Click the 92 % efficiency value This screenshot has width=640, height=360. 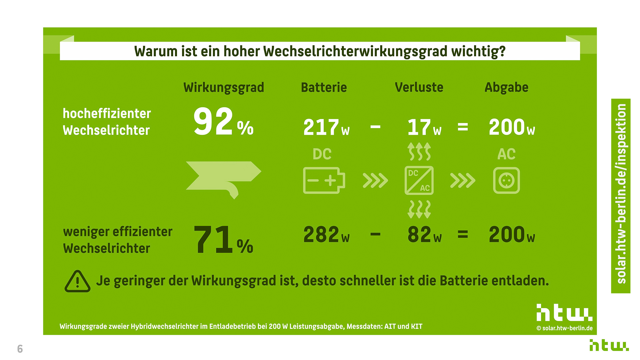coord(223,122)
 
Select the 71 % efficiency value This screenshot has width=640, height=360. coord(223,240)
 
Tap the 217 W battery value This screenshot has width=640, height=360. coord(326,127)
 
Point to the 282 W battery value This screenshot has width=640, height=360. coord(326,235)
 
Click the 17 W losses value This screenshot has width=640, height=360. coord(424,127)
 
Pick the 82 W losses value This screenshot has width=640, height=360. coord(424,235)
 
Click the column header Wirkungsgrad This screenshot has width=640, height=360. coord(224,88)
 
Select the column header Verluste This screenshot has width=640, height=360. coord(419,88)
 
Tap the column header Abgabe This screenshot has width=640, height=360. coord(506,88)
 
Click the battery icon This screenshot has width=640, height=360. coord(324,180)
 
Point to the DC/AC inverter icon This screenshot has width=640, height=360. coord(419,180)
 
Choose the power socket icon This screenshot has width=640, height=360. coord(506,180)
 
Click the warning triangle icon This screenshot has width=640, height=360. coord(77,282)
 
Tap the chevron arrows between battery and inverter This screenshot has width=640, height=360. coord(375,180)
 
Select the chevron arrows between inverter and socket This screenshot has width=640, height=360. coord(463,180)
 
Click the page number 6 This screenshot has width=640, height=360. coord(20,349)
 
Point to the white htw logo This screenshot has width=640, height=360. coord(564,313)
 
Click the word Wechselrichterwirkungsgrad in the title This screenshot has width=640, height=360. coord(355,51)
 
